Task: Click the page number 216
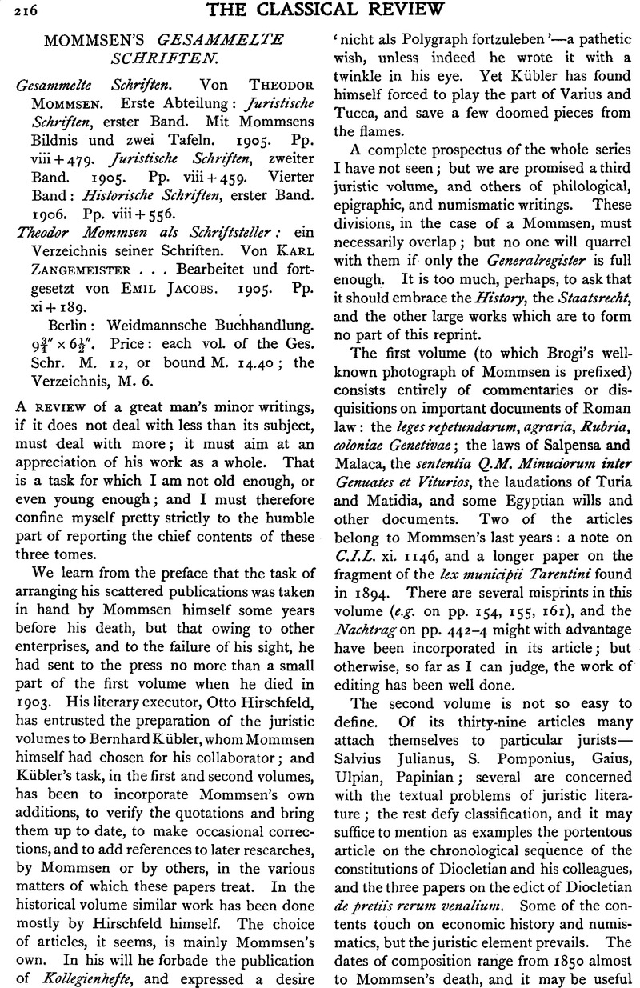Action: click(14, 10)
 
